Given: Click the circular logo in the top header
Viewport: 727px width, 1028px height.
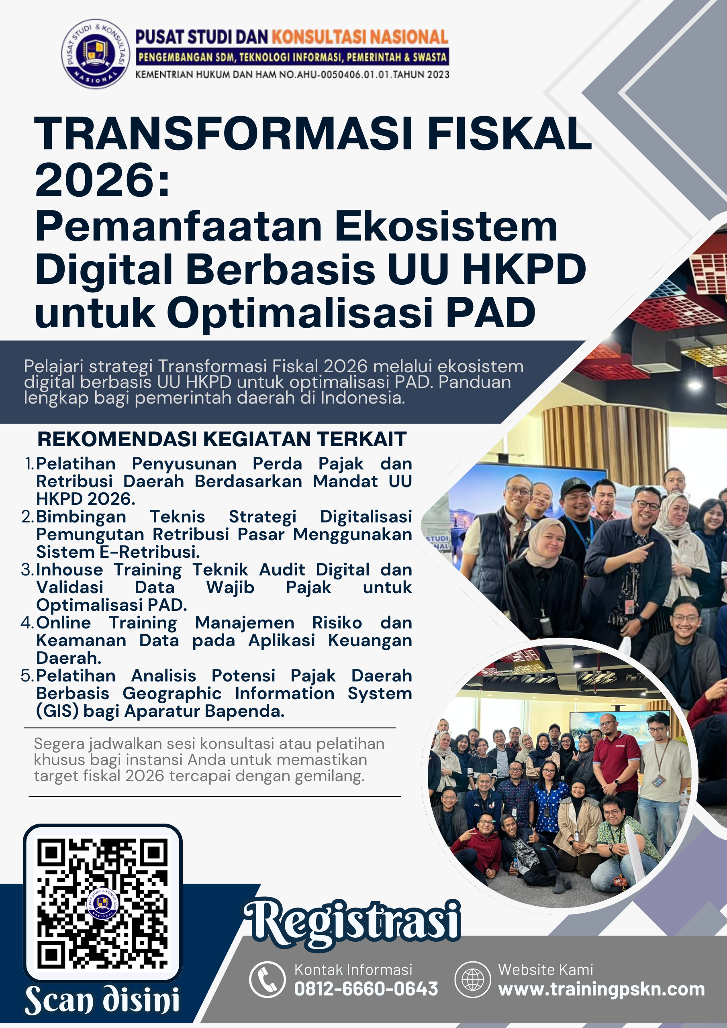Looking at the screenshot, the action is pos(96,54).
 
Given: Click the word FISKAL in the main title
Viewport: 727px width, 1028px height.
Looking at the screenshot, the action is pos(509,133).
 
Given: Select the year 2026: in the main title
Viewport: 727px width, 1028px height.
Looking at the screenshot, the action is pos(102,179).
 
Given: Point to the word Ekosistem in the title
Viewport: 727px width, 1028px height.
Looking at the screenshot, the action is pos(446,226).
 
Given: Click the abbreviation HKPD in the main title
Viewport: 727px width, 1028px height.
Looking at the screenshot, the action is pos(524,269).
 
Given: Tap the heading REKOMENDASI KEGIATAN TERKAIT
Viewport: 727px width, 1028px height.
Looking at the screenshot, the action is pos(222,439).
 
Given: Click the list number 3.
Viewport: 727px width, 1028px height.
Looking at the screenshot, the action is pos(27,569).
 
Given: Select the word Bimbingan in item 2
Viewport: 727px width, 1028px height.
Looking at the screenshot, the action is pos(81,517).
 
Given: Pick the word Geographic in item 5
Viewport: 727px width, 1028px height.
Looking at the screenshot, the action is pos(172,693).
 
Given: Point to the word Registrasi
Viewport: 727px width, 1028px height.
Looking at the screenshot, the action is pos(352,923).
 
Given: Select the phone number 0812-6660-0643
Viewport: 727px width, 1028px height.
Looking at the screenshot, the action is pos(366,989).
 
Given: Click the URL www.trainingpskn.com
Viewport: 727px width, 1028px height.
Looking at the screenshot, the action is pos(602,989).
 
